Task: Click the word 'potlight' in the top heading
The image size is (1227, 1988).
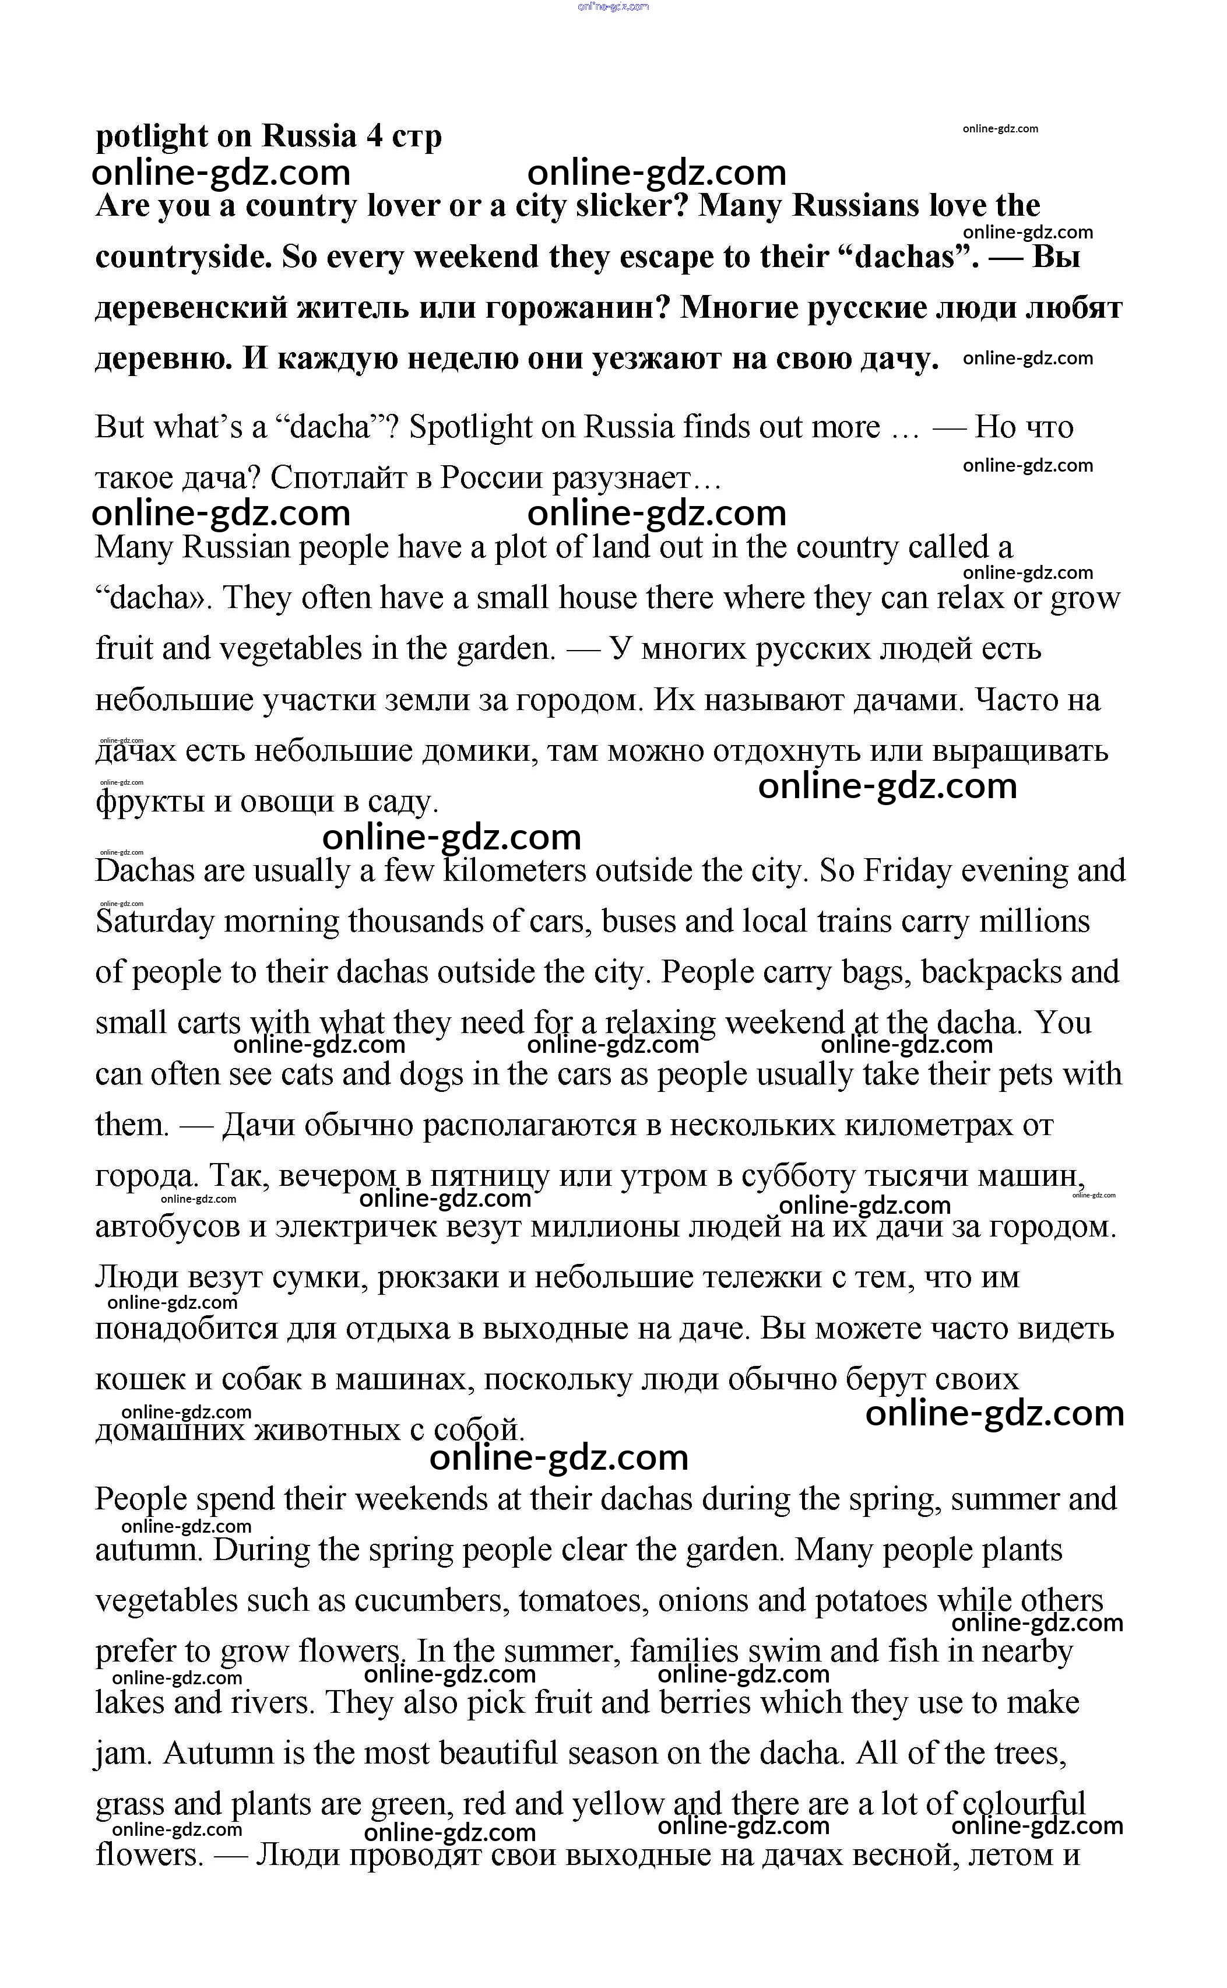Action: [150, 136]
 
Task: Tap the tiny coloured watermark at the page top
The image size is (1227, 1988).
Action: [613, 6]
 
